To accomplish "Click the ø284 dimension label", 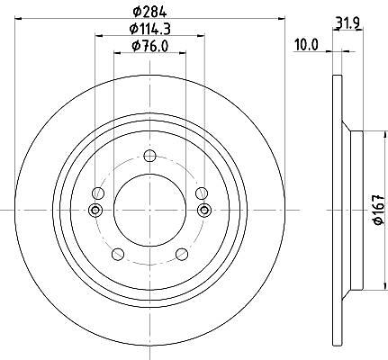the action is coord(149,12).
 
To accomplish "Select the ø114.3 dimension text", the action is coord(149,29).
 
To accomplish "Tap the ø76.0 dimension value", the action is coord(149,46).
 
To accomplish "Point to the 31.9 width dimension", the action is coord(347,22).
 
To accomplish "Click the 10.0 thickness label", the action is coord(306,46).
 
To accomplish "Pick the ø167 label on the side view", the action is coord(379,210).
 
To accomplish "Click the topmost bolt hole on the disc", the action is coord(149,156).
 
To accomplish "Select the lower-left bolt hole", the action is coord(118,254).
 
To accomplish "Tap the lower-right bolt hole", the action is coord(182,254).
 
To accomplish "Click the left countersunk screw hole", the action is coord(95,210).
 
